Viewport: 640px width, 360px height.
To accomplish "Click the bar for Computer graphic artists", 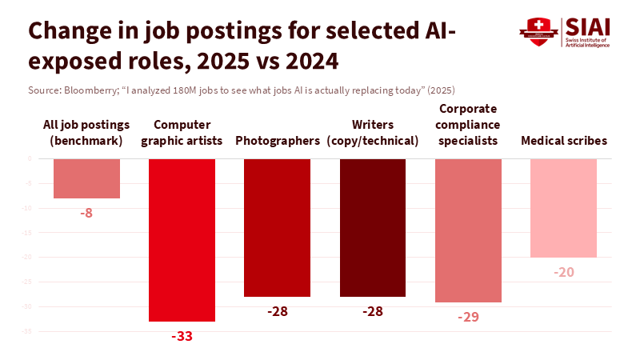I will pyautogui.click(x=182, y=240).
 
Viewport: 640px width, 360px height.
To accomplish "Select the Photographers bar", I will pyautogui.click(x=277, y=227).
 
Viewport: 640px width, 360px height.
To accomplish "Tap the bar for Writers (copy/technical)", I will pyautogui.click(x=373, y=227).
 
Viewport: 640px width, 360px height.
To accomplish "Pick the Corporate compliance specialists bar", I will pyautogui.click(x=468, y=230).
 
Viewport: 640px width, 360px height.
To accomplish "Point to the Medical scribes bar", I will pyautogui.click(x=564, y=208).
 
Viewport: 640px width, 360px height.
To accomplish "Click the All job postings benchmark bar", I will pyautogui.click(x=86, y=178).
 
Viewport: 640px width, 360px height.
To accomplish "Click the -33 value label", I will pyautogui.click(x=182, y=336).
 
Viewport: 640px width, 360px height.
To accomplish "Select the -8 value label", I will pyautogui.click(x=86, y=213).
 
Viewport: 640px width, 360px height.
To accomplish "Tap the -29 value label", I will pyautogui.click(x=468, y=317).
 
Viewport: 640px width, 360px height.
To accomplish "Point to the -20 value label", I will pyautogui.click(x=564, y=272).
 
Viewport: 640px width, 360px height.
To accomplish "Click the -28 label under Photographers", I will pyautogui.click(x=277, y=310).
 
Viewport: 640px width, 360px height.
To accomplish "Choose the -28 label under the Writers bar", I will pyautogui.click(x=373, y=310).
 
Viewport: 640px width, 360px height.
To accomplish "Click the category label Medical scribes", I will pyautogui.click(x=564, y=141).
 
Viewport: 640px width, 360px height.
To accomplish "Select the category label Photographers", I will pyautogui.click(x=277, y=141).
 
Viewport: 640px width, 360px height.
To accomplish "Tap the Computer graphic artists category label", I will pyautogui.click(x=182, y=133).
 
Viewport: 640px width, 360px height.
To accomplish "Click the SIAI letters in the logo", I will pyautogui.click(x=587, y=26).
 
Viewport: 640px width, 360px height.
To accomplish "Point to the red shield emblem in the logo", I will pyautogui.click(x=537, y=30).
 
